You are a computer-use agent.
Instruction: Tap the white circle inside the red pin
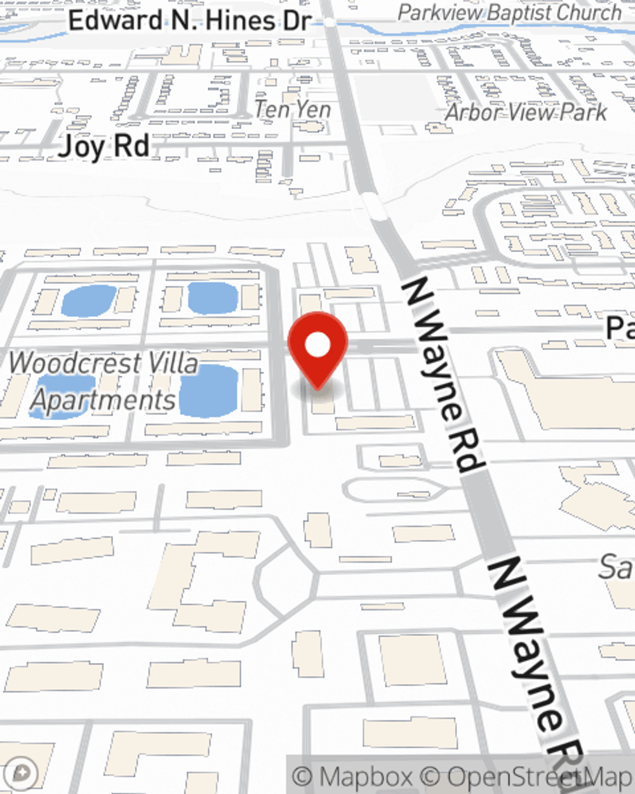pos(318,345)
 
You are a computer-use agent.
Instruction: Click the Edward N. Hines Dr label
pos(189,21)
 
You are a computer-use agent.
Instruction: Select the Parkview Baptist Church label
pos(509,13)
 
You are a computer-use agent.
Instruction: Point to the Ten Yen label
pos(293,109)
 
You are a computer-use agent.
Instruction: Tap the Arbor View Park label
pos(526,112)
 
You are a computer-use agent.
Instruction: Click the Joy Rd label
pos(104,147)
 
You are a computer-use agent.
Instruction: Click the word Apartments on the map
pos(103,400)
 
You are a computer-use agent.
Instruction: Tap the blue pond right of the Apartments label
pos(209,391)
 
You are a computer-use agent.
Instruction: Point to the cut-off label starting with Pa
pos(620,328)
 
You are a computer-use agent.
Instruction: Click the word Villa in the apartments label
pos(171,363)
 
